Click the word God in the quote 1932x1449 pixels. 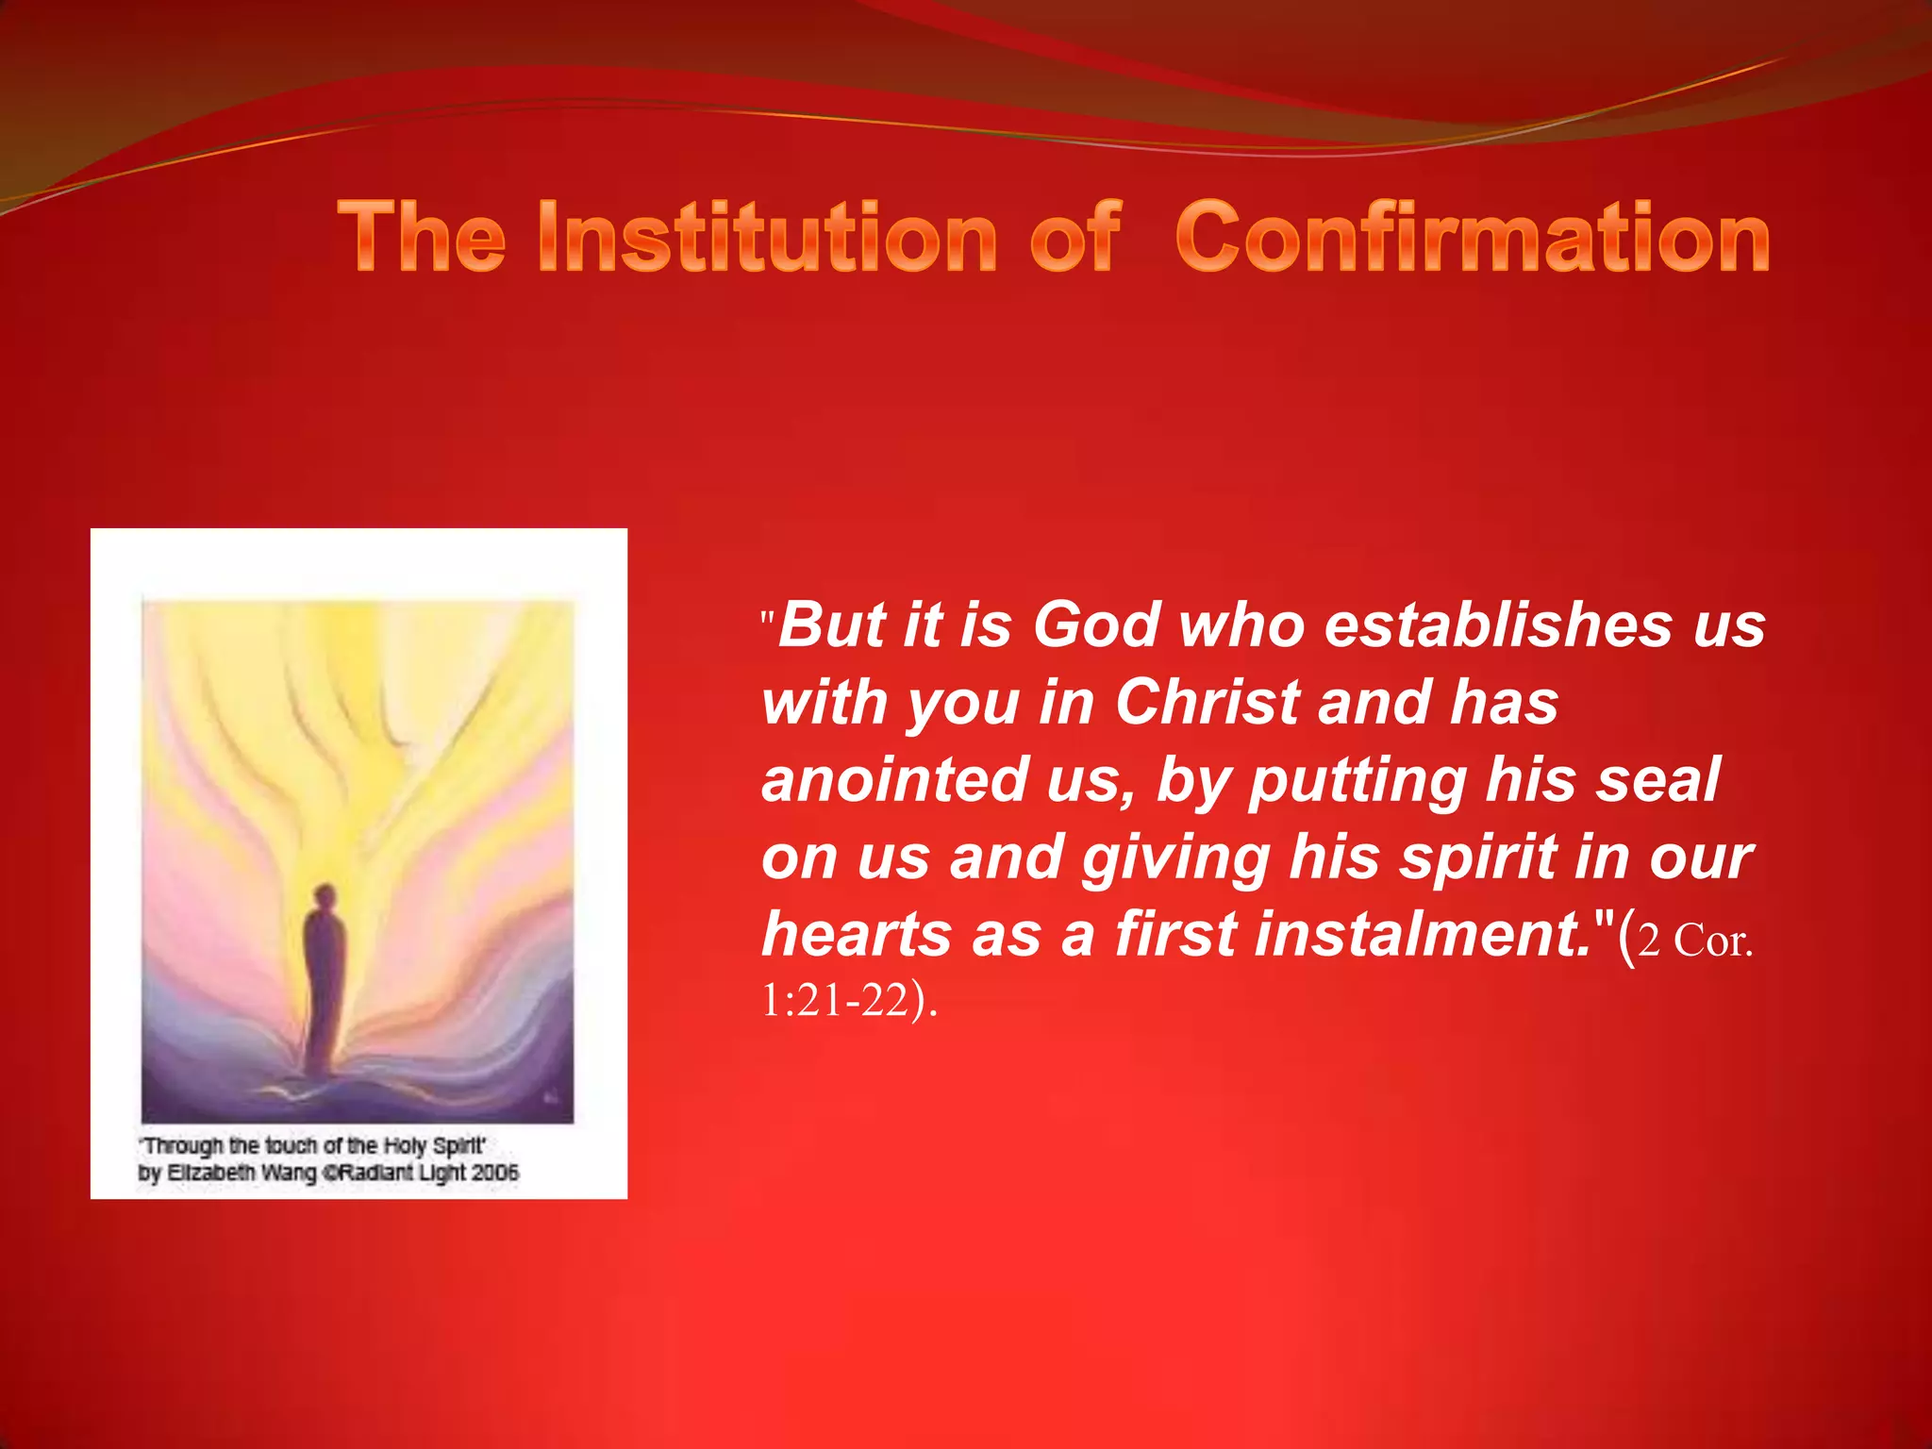click(x=1095, y=625)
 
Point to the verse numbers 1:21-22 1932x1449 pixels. click(x=834, y=1001)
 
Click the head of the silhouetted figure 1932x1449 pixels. click(x=325, y=894)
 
